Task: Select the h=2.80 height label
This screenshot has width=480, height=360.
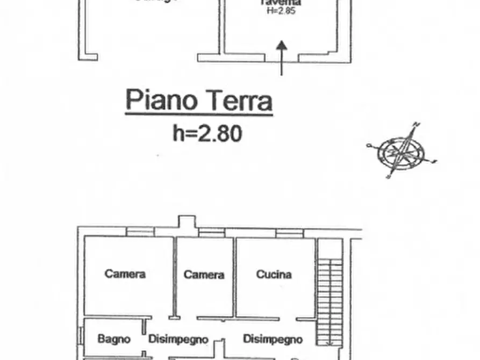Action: pos(207,133)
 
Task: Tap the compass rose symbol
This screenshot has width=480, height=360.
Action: pos(402,151)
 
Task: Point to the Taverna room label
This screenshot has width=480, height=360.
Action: pos(280,3)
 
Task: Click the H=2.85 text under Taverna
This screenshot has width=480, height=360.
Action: pos(281,11)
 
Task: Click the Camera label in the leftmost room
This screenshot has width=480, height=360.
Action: pos(125,274)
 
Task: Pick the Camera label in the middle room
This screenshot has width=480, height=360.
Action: pos(204,275)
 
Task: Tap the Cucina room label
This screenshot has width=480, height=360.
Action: pos(274,275)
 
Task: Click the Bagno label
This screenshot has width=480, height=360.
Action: pos(114,339)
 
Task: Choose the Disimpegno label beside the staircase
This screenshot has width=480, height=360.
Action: pos(273,339)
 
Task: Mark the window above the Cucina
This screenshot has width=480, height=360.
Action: pos(290,233)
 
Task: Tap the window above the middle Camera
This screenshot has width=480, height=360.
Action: pos(211,233)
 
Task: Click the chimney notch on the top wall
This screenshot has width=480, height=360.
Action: pos(187,222)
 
